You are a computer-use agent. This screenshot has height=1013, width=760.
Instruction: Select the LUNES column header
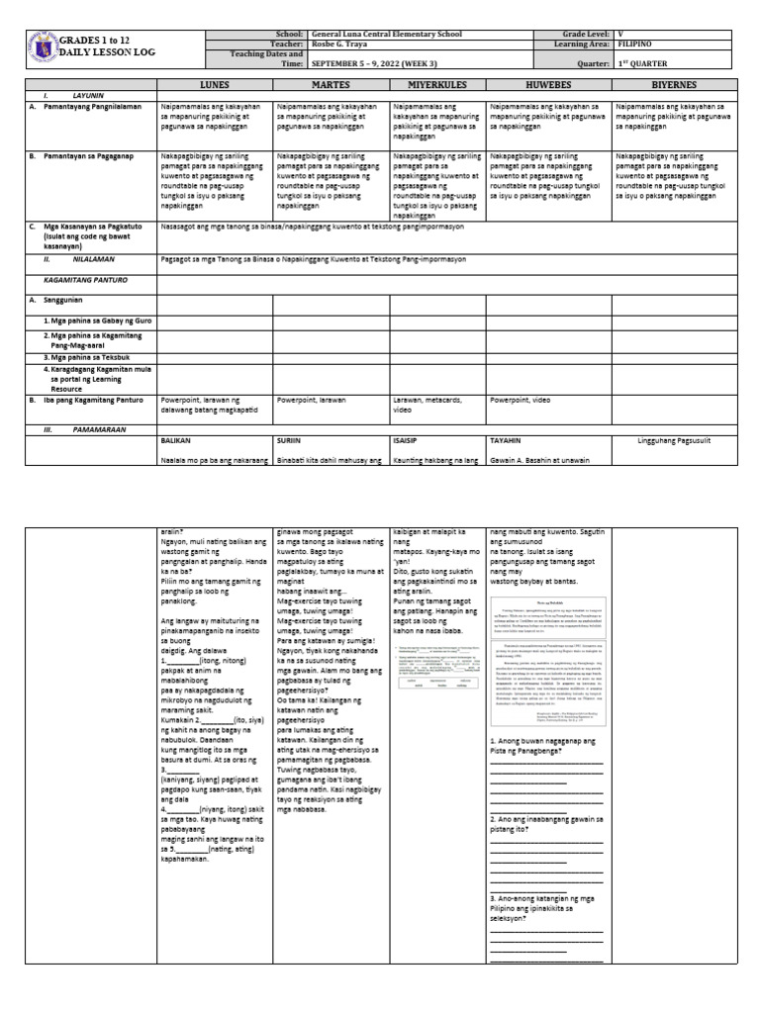[215, 85]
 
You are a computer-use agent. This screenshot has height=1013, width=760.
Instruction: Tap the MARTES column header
[331, 85]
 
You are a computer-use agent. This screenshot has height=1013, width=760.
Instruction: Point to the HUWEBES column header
[547, 85]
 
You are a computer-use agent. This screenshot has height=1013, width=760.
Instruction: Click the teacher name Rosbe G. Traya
[340, 44]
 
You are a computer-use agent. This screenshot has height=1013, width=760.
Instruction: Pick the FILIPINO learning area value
[636, 44]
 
